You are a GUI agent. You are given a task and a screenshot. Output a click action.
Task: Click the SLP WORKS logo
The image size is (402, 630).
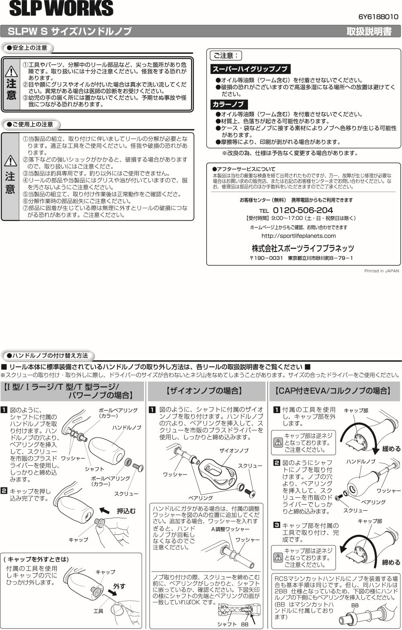click(x=61, y=9)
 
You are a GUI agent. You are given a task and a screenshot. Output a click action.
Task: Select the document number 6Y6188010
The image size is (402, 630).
click(x=378, y=17)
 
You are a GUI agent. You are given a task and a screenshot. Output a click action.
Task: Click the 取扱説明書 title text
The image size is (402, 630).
click(x=369, y=32)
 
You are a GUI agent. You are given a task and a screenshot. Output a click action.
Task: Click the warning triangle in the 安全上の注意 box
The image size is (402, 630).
click(x=11, y=72)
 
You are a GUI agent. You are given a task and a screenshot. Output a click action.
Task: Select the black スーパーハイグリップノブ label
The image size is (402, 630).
click(x=250, y=69)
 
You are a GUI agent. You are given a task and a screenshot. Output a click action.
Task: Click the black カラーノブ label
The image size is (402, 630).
click(x=228, y=104)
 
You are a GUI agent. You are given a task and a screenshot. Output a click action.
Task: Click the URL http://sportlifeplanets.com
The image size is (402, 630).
click(x=298, y=236)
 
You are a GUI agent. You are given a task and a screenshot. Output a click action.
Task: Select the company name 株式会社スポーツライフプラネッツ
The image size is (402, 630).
click(x=303, y=248)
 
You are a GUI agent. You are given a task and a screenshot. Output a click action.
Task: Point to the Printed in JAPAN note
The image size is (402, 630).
click(x=381, y=271)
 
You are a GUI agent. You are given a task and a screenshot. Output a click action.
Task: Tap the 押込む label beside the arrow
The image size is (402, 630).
click(x=126, y=511)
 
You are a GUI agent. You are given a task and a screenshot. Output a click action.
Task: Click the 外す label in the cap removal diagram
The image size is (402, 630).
click(x=119, y=586)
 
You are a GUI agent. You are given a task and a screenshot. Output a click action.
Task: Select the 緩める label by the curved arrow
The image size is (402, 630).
click(x=391, y=449)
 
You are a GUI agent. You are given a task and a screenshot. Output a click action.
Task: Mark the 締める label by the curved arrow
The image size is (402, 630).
click(x=391, y=562)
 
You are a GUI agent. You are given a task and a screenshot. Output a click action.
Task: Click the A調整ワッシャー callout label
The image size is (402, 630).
click(x=230, y=529)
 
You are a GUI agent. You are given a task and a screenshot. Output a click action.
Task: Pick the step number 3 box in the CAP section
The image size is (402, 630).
click(x=277, y=525)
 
